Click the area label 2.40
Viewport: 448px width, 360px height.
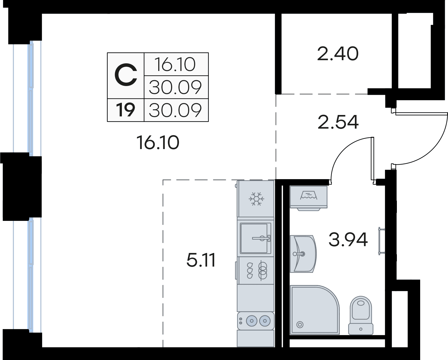tap(338, 54)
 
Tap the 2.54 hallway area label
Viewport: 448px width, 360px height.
tap(338, 122)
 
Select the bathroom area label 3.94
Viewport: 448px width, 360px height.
tap(348, 240)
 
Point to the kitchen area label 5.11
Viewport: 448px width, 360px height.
tap(201, 260)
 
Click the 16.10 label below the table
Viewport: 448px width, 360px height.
tap(158, 143)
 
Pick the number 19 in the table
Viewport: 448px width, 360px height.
tap(126, 110)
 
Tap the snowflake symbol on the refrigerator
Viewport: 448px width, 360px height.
tap(256, 199)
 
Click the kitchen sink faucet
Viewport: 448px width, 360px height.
tap(261, 238)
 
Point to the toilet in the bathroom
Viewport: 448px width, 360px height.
tap(361, 315)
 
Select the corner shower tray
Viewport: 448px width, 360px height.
tap(314, 310)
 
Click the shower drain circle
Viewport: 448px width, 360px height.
tap(300, 325)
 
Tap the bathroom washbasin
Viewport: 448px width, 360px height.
tap(303, 254)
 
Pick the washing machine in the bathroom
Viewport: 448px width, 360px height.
tap(309, 198)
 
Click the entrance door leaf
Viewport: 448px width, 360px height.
tap(421, 114)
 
